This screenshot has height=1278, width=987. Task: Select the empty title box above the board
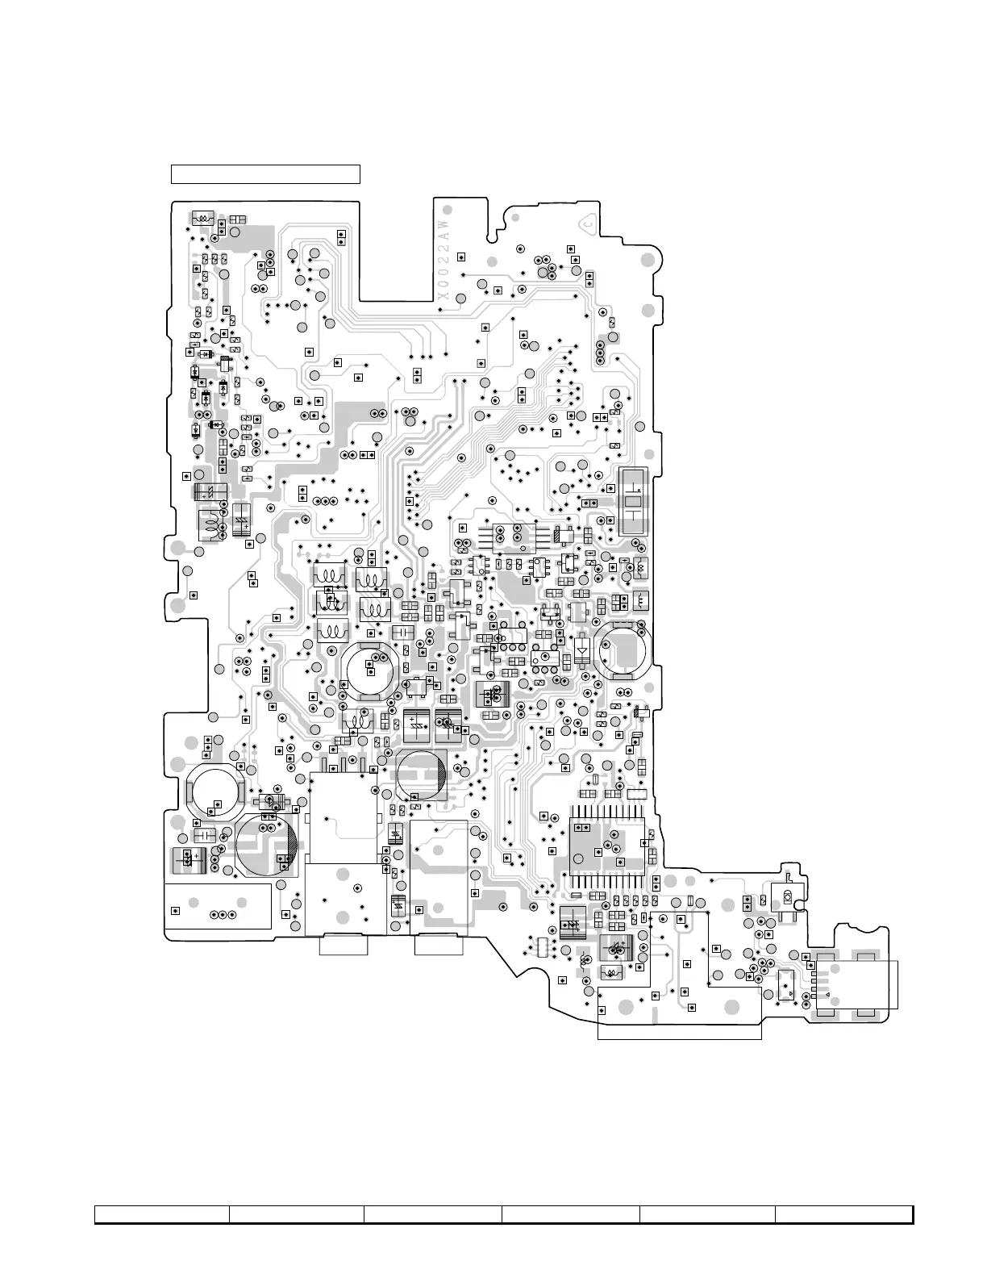point(265,173)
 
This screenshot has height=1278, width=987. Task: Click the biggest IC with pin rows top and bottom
point(606,846)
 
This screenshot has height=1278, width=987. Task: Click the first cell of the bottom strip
point(162,1214)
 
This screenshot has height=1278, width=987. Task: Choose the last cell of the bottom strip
point(843,1214)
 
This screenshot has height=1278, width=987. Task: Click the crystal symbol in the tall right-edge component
point(633,501)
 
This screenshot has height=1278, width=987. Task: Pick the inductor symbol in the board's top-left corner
point(202,218)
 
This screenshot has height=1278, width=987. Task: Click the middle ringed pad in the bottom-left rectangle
point(223,915)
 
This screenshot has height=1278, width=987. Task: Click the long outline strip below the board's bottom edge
point(679,1031)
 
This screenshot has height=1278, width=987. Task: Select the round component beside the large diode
point(621,649)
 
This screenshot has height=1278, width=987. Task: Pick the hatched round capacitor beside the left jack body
point(267,845)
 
